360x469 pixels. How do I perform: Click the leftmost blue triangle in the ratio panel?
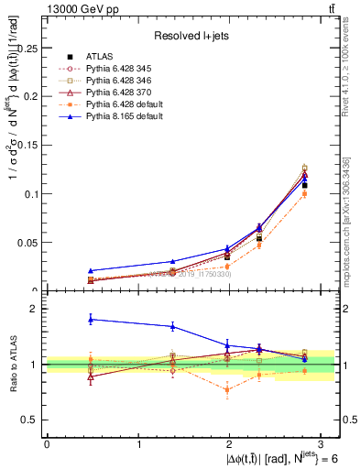tap(90, 319)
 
